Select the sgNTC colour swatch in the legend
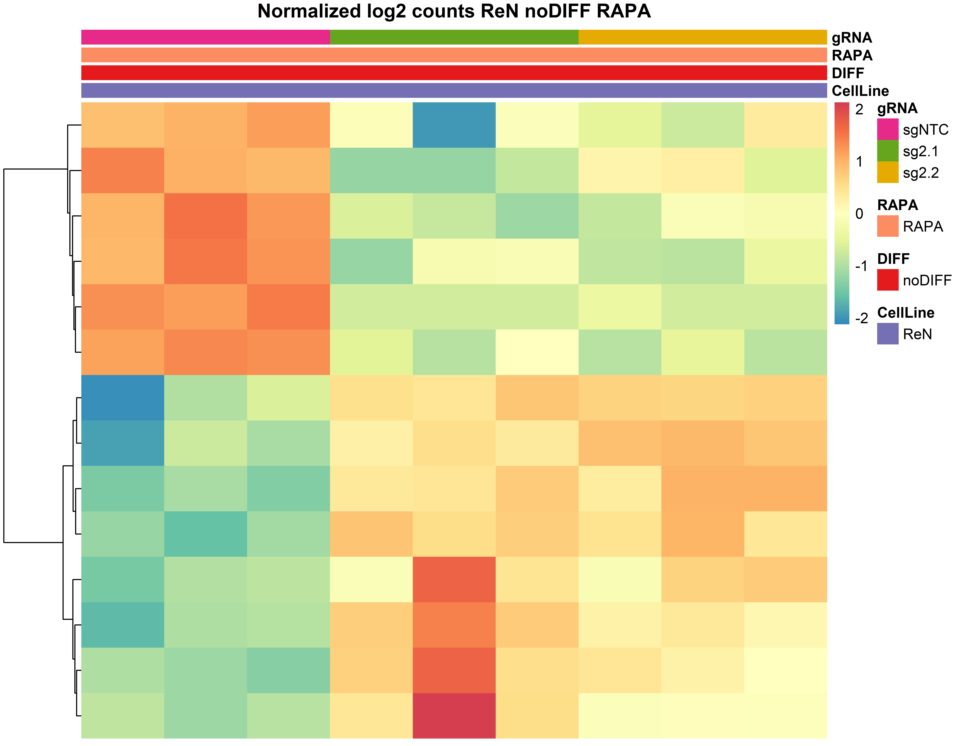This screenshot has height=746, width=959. point(887,129)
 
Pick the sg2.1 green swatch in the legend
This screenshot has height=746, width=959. point(887,151)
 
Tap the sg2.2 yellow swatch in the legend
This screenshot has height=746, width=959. point(887,172)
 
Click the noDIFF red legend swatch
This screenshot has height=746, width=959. point(887,280)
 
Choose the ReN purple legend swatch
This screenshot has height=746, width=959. point(887,334)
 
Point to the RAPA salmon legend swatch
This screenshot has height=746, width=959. point(887,226)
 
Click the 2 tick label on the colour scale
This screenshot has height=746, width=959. point(859,109)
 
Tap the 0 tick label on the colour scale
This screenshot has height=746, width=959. point(859,214)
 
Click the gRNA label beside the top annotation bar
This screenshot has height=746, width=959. point(851,38)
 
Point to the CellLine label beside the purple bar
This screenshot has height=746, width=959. point(860,91)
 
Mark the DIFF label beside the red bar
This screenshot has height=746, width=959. point(847,73)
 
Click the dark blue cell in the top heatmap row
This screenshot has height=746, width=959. point(454,125)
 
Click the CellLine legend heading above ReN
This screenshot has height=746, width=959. point(905,313)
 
